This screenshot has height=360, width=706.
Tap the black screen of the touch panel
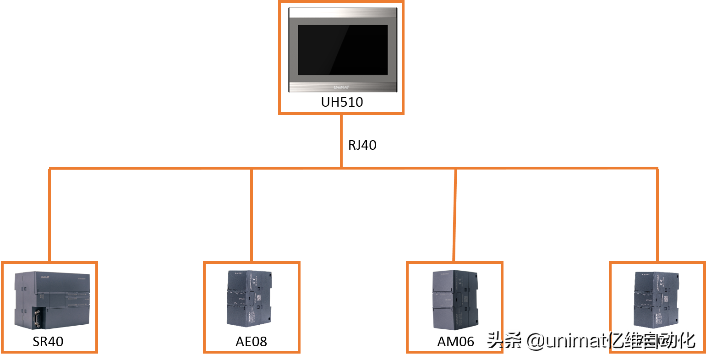(x=343, y=50)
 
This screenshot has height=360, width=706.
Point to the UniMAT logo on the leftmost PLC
(x=44, y=277)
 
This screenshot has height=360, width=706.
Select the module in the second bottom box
(x=250, y=298)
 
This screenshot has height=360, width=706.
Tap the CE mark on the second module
(x=254, y=279)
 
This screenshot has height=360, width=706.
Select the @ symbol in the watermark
(x=533, y=340)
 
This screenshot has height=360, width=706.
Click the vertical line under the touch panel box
(x=341, y=140)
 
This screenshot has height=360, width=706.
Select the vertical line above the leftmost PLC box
(x=49, y=215)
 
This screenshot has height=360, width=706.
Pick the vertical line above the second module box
(x=252, y=215)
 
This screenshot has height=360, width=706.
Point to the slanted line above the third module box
(x=454, y=215)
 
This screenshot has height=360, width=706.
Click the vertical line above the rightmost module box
(x=657, y=215)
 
